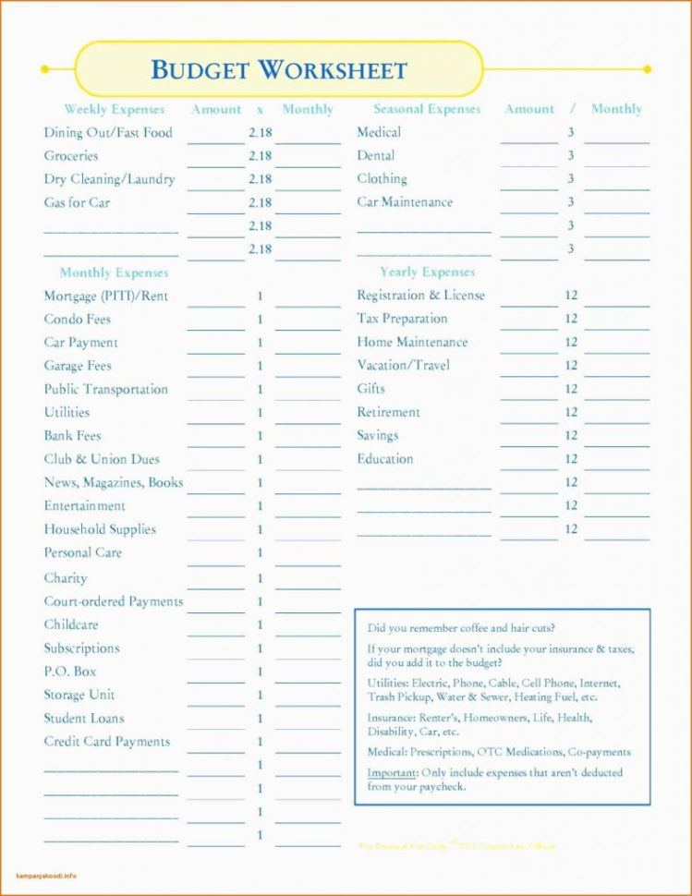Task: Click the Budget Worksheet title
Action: (278, 69)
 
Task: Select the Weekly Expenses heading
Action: (115, 109)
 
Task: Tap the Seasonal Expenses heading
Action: (427, 109)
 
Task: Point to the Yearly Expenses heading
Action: (427, 272)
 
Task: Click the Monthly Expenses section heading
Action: (115, 272)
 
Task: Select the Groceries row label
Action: (71, 156)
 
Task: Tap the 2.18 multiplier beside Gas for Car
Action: (260, 202)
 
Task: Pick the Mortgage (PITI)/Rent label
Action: (106, 297)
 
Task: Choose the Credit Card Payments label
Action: (107, 741)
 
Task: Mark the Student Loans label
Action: (84, 718)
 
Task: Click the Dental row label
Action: (376, 155)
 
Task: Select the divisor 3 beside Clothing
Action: (571, 178)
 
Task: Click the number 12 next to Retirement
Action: (571, 413)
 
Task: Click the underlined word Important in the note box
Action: (392, 772)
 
